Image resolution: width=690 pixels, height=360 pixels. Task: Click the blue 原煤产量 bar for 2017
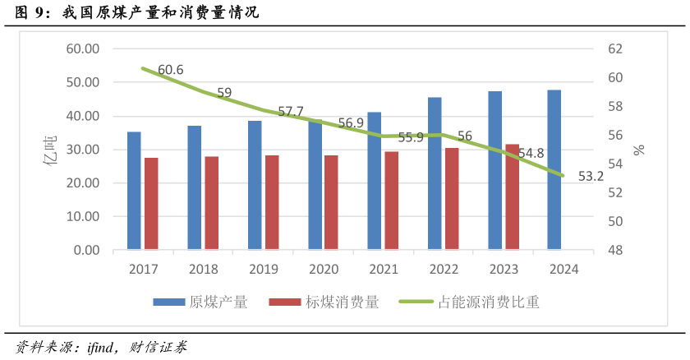(x=134, y=191)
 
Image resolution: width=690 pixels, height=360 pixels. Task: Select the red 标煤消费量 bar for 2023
(x=512, y=196)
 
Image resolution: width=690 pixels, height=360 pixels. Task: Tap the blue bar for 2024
(x=554, y=169)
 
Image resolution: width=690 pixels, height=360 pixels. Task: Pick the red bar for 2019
(x=272, y=202)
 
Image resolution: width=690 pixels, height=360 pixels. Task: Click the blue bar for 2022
(x=435, y=173)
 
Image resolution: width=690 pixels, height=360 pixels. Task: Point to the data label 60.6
(x=170, y=70)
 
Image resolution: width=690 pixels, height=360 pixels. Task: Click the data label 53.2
(x=591, y=176)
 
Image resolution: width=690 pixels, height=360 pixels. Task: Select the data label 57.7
(x=291, y=111)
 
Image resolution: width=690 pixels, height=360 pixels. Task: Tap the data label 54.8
(x=531, y=153)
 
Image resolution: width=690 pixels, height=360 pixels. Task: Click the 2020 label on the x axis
(x=324, y=269)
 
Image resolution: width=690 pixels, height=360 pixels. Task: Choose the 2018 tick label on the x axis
(x=203, y=269)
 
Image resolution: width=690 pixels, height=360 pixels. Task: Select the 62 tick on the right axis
(x=615, y=48)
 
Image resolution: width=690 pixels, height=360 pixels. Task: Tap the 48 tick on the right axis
(x=615, y=250)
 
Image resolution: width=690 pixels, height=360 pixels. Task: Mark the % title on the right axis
(x=639, y=150)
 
